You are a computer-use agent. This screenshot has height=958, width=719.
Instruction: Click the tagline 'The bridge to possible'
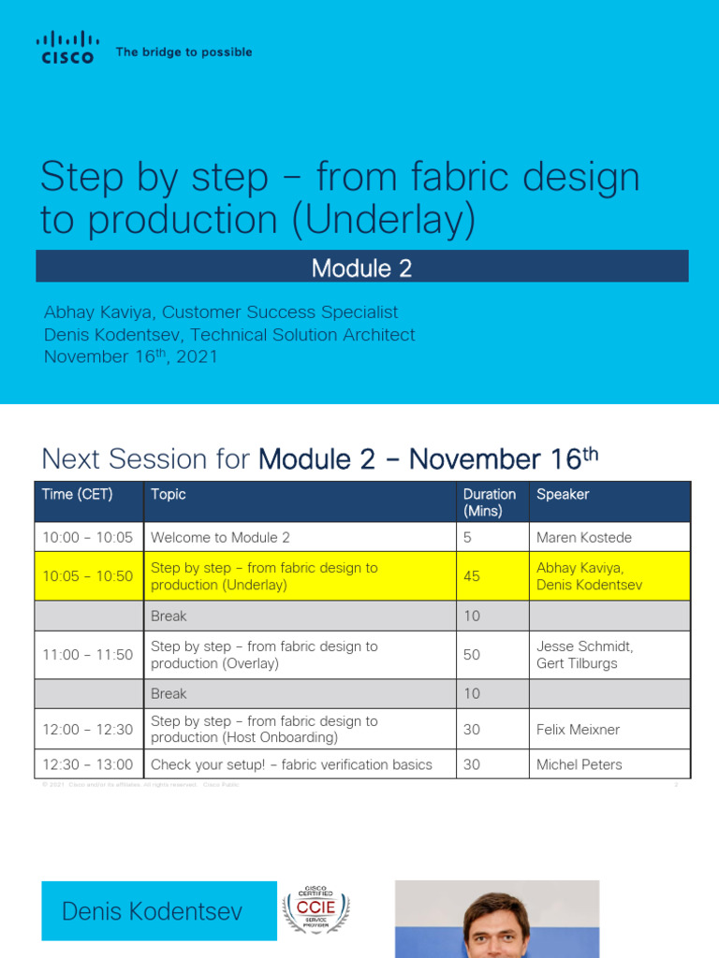pos(183,52)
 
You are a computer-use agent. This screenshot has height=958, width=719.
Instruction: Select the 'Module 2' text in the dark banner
pos(361,269)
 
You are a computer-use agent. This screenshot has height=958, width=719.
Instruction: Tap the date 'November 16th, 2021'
pos(131,356)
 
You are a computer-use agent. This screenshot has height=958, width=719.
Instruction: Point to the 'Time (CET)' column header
pos(78,494)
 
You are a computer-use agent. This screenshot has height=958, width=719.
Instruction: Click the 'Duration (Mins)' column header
pos(489,502)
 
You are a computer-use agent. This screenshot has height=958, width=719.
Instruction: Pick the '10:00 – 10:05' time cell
pos(88,537)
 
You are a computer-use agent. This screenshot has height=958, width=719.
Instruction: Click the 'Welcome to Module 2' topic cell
pos(221,537)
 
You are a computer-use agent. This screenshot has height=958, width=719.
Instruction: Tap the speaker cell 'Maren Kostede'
pos(584,537)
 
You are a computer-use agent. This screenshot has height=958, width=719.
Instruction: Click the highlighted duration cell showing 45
pos(472,576)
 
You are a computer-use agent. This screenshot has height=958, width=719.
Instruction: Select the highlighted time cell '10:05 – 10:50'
pos(88,576)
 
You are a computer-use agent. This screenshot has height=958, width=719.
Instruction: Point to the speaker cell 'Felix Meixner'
pos(578,729)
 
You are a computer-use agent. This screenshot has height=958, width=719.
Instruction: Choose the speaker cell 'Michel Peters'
pos(579,764)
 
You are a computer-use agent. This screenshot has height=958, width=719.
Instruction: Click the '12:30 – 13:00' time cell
pos(88,764)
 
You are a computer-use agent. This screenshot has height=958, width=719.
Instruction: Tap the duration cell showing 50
pos(472,655)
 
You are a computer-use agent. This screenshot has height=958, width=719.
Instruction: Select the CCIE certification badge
pos(315,909)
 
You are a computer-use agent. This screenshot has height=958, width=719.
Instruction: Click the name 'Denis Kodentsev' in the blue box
pos(151,911)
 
